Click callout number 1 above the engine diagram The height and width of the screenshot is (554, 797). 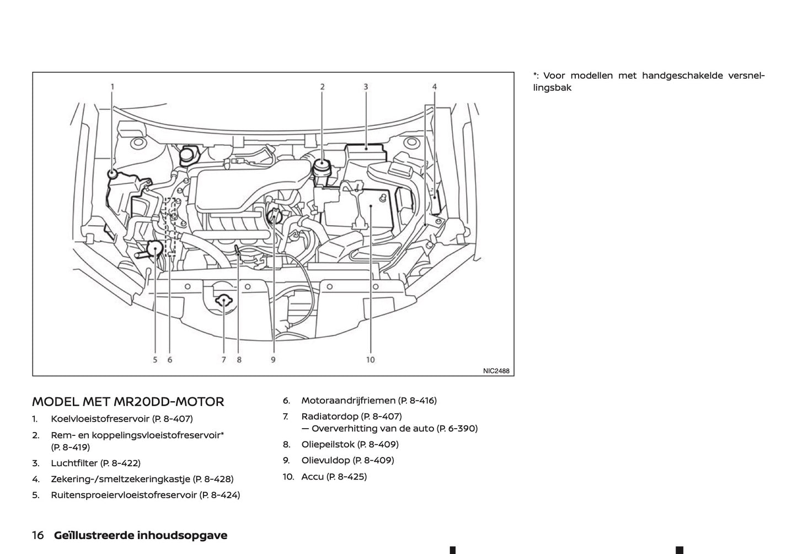[113, 86]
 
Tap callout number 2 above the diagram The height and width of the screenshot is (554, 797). [322, 86]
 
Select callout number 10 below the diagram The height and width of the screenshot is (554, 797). [370, 360]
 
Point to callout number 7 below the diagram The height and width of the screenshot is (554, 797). [224, 360]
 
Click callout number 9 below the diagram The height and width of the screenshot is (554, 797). [273, 360]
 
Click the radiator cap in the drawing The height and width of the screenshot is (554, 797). [223, 301]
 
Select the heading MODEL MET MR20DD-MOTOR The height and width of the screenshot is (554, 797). [128, 402]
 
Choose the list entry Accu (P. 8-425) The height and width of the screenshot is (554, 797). [334, 476]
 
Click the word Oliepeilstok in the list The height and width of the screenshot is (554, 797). [328, 444]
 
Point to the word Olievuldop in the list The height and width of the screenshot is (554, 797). [325, 460]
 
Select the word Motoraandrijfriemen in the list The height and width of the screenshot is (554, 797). [348, 401]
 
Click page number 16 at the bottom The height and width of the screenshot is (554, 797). [38, 535]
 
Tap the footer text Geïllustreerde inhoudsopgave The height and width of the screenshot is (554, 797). [140, 535]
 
